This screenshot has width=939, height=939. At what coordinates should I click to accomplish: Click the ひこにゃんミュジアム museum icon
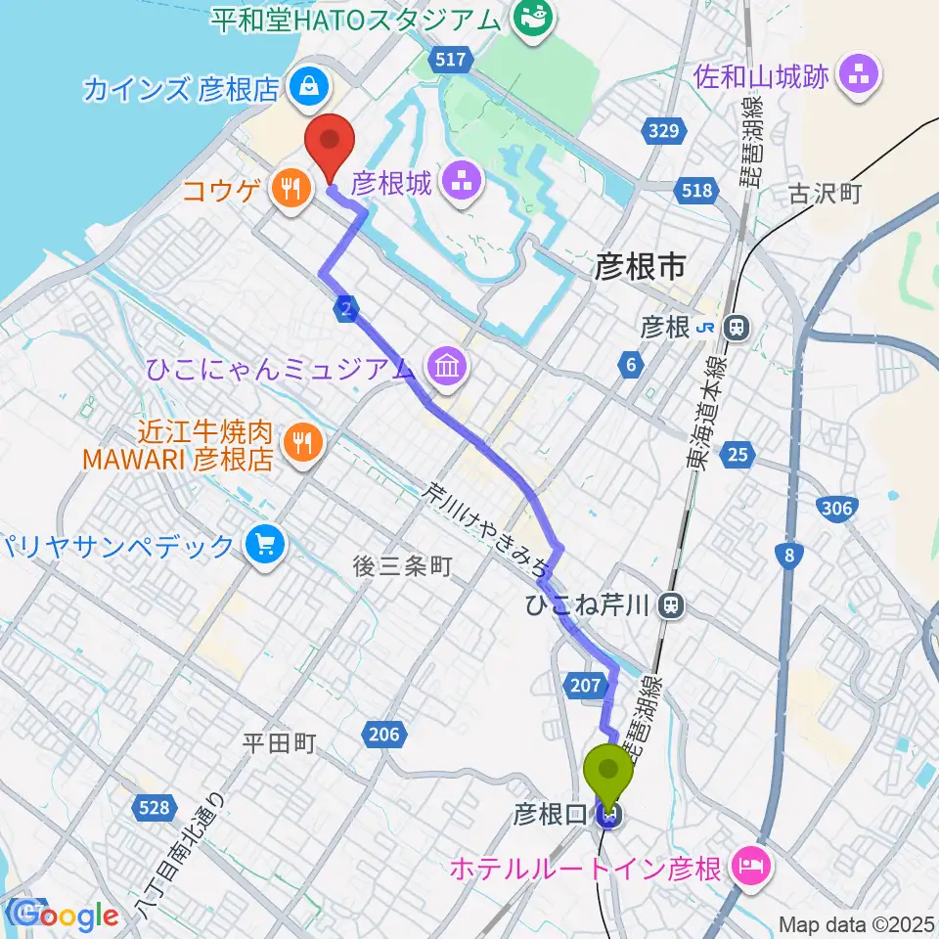point(450,368)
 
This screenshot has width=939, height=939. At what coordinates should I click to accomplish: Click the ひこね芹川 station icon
point(671,605)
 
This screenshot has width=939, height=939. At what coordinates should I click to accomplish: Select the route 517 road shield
point(451,60)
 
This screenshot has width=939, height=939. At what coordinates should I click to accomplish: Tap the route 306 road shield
point(837,507)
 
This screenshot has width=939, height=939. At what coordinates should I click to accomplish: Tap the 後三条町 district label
point(403,566)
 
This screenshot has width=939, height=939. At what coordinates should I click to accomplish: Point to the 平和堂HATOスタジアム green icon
point(534,18)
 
